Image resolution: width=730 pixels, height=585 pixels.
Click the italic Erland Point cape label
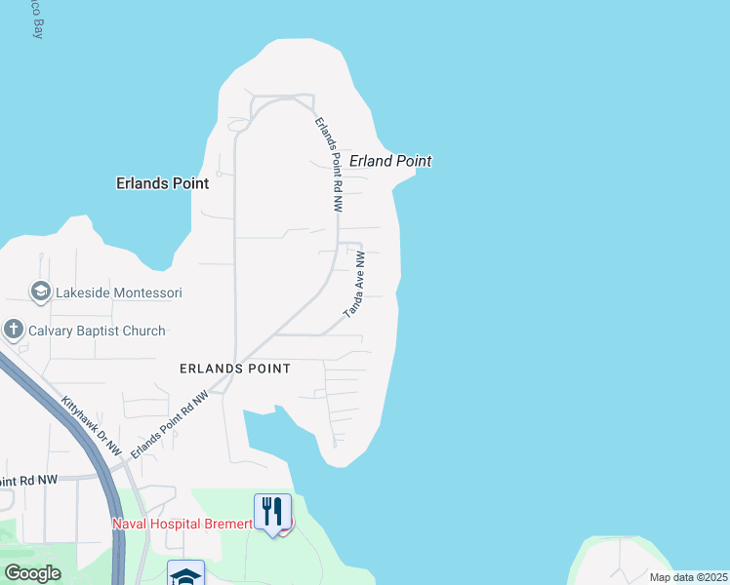(390, 161)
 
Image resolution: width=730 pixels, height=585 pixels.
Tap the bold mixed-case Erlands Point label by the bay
(162, 182)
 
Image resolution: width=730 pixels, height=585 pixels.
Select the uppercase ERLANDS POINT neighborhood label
(234, 369)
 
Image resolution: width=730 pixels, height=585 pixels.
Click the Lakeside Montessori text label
(118, 292)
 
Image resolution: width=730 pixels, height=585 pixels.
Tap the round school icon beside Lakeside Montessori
(40, 292)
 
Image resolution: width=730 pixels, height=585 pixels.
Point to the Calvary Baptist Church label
(97, 331)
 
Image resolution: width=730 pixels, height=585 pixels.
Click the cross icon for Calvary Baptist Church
(14, 330)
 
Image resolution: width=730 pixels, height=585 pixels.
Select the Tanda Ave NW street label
(354, 285)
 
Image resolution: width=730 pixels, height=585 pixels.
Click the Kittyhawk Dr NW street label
(92, 426)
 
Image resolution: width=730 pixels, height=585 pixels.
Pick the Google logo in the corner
(33, 573)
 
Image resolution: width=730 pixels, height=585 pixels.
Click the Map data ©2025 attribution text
(688, 577)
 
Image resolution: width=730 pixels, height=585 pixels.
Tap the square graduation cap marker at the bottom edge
(185, 574)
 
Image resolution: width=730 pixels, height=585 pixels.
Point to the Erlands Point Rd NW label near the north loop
(330, 165)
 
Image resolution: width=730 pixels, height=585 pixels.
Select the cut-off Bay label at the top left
(37, 21)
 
